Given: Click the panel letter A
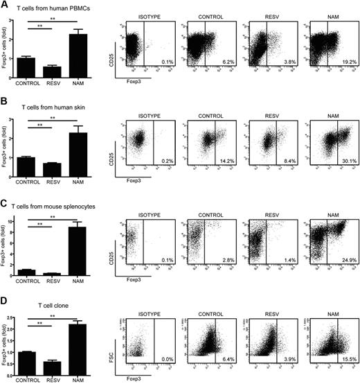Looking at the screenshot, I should [4, 6].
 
